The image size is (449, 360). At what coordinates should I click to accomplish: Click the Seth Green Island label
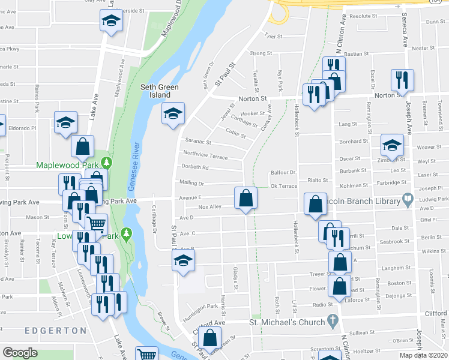click(160, 91)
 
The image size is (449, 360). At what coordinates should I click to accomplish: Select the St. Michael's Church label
click(287, 322)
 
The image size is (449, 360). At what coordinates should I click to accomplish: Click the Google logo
click(20, 353)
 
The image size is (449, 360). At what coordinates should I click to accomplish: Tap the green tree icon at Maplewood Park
click(106, 163)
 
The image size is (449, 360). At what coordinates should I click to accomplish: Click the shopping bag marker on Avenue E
click(246, 198)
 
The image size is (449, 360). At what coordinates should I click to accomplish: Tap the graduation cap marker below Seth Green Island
click(173, 113)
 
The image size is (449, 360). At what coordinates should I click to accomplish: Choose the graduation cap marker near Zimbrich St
click(392, 145)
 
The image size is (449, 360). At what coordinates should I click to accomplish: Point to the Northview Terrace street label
click(205, 155)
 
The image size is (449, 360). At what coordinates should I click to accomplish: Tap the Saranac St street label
click(198, 142)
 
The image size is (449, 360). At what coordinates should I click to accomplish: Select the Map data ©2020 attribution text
click(423, 355)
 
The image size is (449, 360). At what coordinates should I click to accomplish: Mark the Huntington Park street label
click(200, 307)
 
